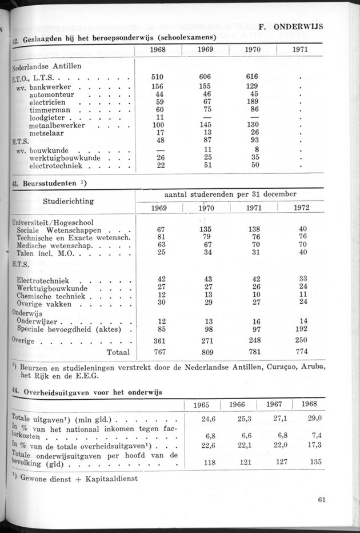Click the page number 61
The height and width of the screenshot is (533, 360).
coord(322,499)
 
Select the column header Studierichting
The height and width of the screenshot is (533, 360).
coord(69,201)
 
